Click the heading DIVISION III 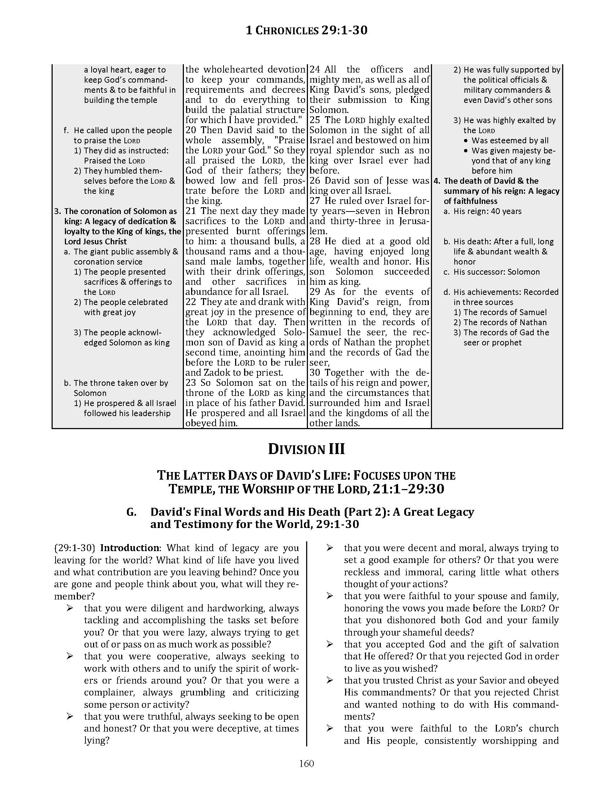pyautogui.click(x=306, y=449)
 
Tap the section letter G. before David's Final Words pyautogui.click(x=132, y=512)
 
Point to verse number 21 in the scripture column pyautogui.click(x=191, y=211)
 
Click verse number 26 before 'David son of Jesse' pyautogui.click(x=315, y=181)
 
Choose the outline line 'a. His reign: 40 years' pyautogui.click(x=482, y=211)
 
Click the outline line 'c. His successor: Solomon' pyautogui.click(x=492, y=272)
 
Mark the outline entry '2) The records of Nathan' pyautogui.click(x=500, y=322)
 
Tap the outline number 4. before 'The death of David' pyautogui.click(x=437, y=181)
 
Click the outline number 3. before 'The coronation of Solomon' pyautogui.click(x=57, y=211)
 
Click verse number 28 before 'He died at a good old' pyautogui.click(x=315, y=241)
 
